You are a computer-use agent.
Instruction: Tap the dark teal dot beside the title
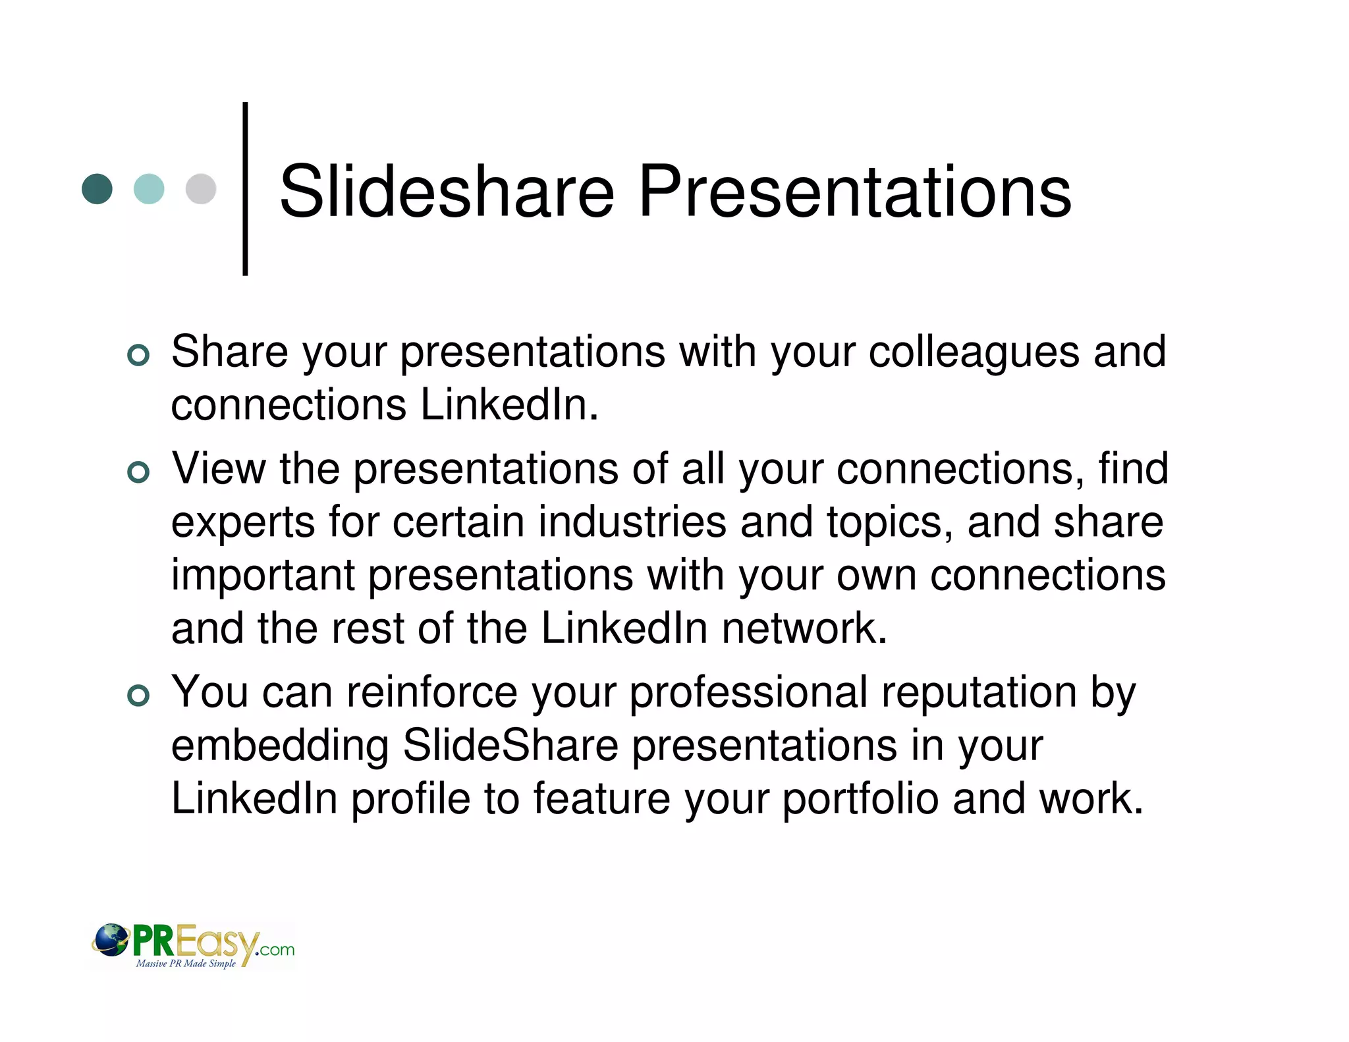coord(97,189)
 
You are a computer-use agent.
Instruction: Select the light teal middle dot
coord(149,189)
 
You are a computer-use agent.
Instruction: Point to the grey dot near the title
coord(201,189)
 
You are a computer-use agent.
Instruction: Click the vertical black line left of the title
coord(245,189)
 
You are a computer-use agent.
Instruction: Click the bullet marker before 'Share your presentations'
coord(138,355)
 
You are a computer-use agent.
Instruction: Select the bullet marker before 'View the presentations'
coord(138,472)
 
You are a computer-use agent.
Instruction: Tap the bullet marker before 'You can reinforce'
coord(138,696)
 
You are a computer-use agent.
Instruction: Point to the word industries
coord(632,522)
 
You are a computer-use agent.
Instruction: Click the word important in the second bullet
coord(263,576)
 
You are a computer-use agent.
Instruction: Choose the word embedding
coord(280,747)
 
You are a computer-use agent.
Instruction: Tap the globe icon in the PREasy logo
coord(111,941)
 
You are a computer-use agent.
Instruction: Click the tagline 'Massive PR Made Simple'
coord(186,964)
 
